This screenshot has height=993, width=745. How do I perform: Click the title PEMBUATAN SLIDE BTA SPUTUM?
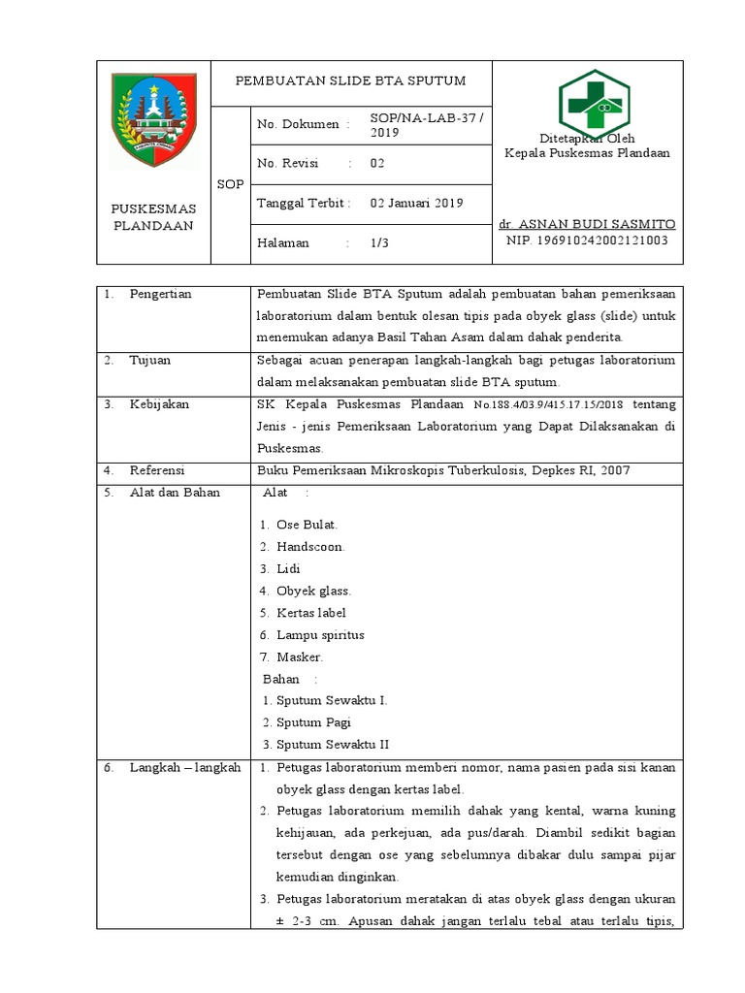[x=351, y=80]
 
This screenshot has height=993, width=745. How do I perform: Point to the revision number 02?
[x=377, y=164]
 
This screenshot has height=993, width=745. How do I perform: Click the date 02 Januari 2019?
[x=416, y=204]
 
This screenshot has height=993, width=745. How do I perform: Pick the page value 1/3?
[x=378, y=243]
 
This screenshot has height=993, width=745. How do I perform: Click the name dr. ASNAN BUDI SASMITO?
[x=587, y=223]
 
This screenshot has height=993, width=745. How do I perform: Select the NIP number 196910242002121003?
[x=588, y=240]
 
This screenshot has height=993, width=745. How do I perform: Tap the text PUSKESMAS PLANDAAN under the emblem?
[x=154, y=217]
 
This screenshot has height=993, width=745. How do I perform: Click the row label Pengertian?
[x=161, y=294]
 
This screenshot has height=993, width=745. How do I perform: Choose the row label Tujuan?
[x=150, y=360]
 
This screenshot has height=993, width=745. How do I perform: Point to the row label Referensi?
[x=157, y=470]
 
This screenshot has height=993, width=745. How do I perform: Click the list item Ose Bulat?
[x=307, y=525]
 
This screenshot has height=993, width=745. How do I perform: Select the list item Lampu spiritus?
[x=320, y=635]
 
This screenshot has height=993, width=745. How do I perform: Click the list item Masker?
[x=300, y=657]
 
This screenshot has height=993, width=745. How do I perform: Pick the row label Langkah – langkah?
[x=185, y=768]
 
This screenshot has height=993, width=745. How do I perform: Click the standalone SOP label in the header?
[x=231, y=183]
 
